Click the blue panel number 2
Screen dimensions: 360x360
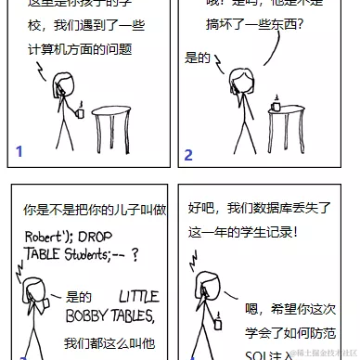[x=188, y=155]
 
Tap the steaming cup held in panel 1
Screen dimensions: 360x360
[x=81, y=112]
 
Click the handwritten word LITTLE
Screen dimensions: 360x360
[x=138, y=296]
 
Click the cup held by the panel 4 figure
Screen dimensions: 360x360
[x=218, y=323]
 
